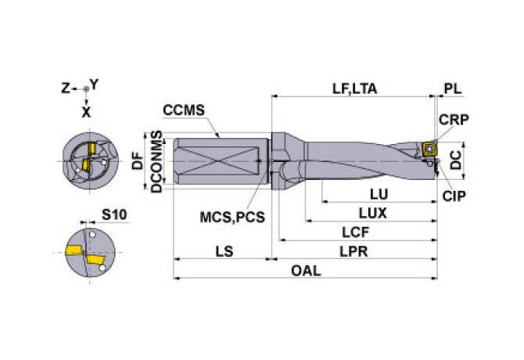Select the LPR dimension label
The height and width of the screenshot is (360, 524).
[x=355, y=252]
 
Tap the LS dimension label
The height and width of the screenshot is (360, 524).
[x=224, y=252]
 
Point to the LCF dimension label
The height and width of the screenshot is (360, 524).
[x=355, y=232]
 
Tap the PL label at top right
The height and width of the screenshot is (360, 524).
[x=452, y=88]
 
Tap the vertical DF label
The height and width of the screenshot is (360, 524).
[x=138, y=161]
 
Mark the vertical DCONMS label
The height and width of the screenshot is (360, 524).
[x=156, y=161]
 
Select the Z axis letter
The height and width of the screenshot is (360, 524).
[x=66, y=88]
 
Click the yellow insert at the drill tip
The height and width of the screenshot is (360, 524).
[x=429, y=148]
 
